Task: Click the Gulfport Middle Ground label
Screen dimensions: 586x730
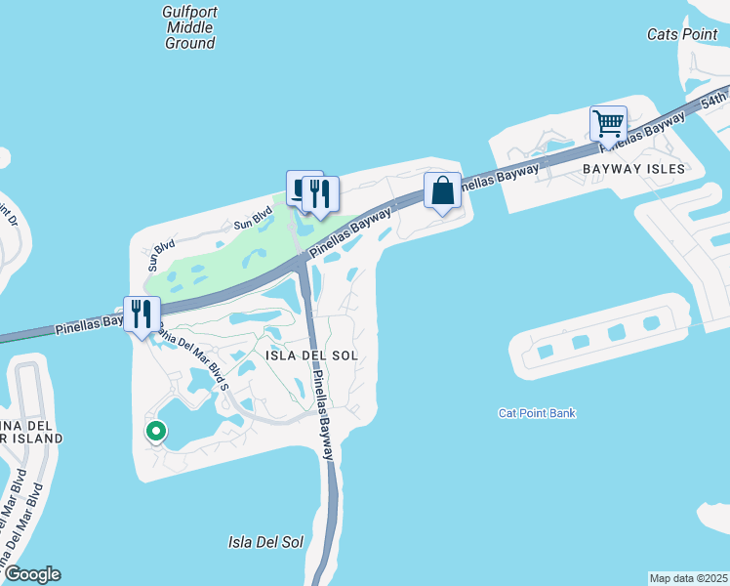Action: [189, 27]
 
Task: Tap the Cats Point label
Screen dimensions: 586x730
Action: [682, 34]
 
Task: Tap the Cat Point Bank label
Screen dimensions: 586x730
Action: [537, 413]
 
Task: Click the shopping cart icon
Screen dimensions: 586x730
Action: [608, 124]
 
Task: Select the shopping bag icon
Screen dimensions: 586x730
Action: [442, 189]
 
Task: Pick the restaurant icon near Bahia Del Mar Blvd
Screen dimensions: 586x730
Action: [142, 314]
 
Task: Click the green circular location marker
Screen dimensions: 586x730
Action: [155, 431]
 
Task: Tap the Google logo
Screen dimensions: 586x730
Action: [31, 574]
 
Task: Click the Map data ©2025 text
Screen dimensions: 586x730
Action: [688, 578]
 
